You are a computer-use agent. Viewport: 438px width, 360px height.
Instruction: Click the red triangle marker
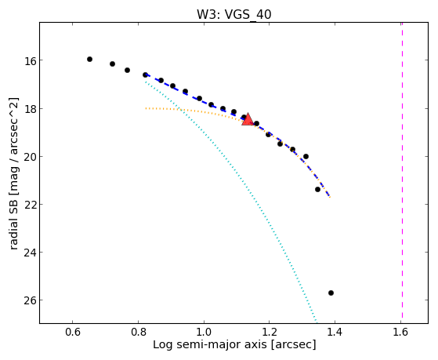pos(248,120)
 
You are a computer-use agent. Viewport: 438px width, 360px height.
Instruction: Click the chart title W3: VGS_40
pos(234,14)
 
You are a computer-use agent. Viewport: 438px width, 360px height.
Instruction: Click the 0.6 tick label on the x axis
pos(73,332)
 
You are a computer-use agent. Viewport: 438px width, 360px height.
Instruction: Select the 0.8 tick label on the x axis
pos(138,332)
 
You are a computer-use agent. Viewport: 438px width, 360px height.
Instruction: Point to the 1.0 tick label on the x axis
pos(204,332)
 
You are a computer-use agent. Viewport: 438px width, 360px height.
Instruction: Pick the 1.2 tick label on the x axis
pos(270,332)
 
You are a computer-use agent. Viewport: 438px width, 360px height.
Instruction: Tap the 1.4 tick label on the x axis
pos(335,332)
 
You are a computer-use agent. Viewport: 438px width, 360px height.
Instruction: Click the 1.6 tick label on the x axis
pos(400,332)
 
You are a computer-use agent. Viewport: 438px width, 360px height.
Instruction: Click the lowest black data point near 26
pos(331,293)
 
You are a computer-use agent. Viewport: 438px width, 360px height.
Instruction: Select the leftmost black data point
pos(89,59)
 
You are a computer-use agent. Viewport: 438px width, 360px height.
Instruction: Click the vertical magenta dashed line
pos(402,171)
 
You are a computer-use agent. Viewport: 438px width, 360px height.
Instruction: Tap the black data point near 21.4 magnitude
pos(317,189)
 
